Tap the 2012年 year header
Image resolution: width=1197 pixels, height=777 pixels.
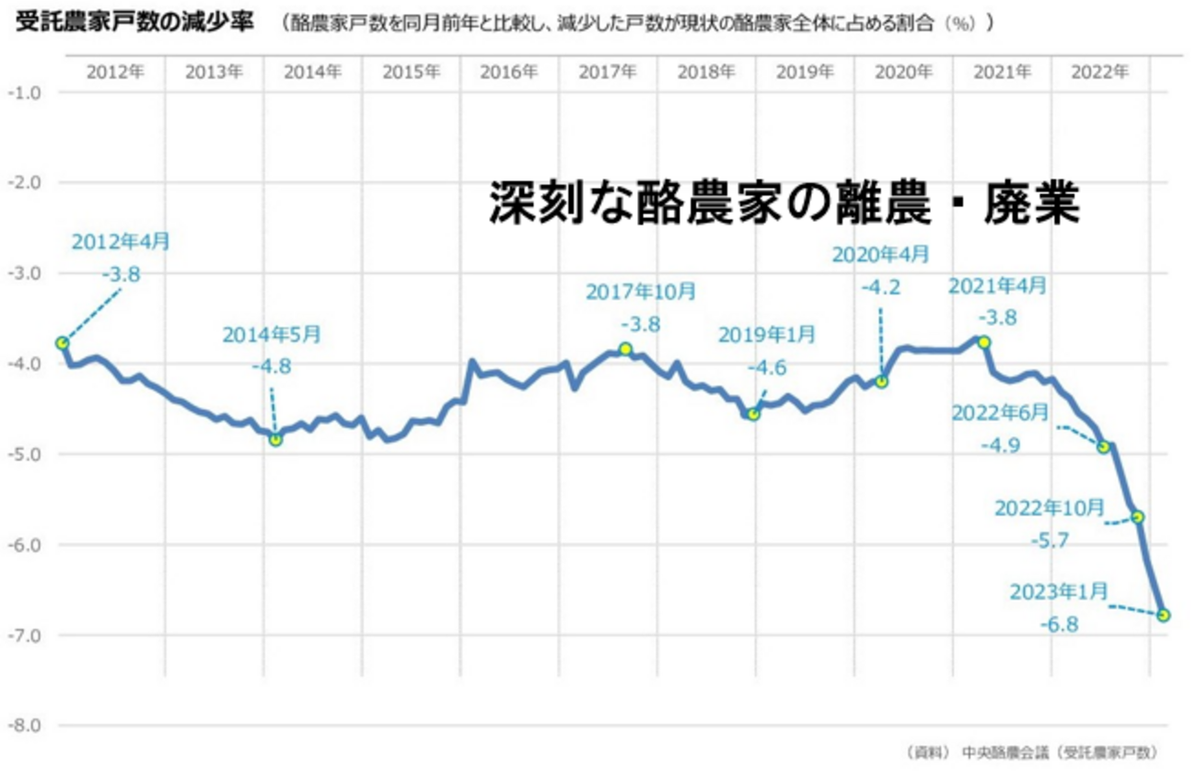(115, 72)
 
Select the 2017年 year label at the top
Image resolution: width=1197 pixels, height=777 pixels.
(608, 72)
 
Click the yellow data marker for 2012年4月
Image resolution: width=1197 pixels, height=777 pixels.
(63, 342)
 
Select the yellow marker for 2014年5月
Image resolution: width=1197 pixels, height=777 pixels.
(275, 439)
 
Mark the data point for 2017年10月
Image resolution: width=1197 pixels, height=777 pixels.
(625, 348)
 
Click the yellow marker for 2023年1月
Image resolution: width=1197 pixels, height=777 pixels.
(1164, 614)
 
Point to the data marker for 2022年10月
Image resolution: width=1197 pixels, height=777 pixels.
(1138, 516)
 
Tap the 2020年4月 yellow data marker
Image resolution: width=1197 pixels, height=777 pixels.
(882, 381)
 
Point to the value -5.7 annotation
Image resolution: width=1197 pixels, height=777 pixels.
(1051, 540)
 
